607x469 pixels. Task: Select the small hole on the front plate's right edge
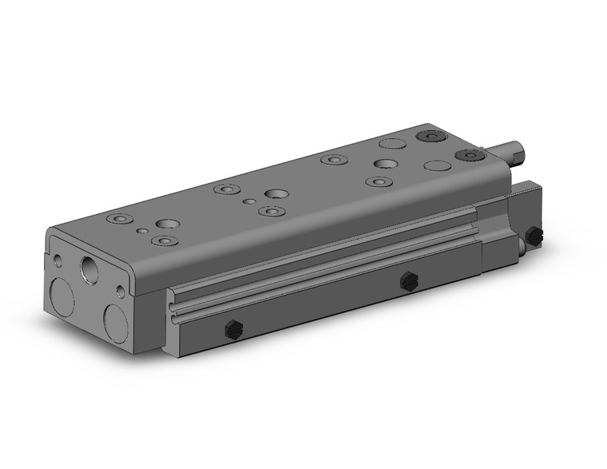tap(120, 290)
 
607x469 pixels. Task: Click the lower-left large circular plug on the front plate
tap(61, 296)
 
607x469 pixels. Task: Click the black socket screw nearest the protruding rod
tap(466, 155)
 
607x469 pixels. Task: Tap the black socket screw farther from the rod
tap(432, 136)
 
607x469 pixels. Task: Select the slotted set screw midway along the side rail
tap(409, 280)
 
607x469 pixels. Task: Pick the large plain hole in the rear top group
tap(387, 165)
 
